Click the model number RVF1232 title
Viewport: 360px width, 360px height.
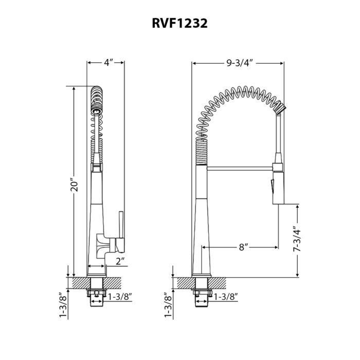point(179,24)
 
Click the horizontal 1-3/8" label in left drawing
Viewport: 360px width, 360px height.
point(120,296)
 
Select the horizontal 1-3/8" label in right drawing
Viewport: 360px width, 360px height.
point(225,296)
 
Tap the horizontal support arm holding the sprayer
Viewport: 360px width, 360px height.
point(239,167)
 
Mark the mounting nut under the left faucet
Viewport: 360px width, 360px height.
point(98,294)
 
